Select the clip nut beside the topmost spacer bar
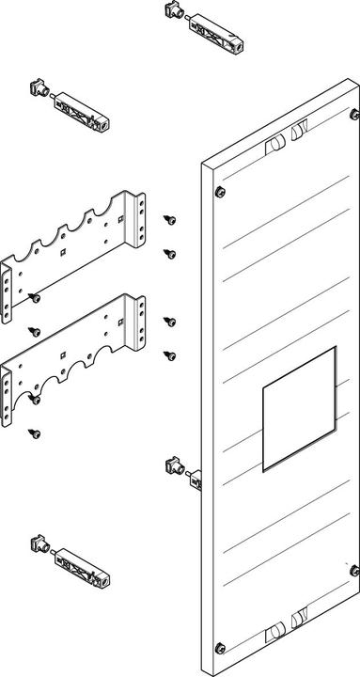171,10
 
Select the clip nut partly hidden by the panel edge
175,464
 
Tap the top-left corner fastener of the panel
220,192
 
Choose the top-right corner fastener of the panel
352,115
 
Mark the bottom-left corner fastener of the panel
220,647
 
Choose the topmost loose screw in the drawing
169,219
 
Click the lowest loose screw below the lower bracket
36,433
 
